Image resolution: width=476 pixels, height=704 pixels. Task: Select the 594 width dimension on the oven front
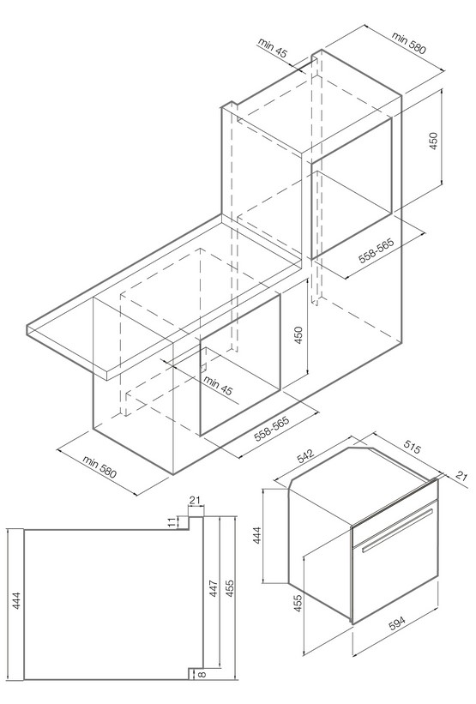[397, 623]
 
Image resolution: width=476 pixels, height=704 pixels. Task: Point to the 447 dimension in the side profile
[214, 588]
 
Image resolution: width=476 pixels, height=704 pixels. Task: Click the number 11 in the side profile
[171, 522]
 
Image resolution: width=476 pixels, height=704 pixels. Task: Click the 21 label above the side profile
[195, 500]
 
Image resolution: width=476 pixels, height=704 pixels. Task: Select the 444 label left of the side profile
[16, 601]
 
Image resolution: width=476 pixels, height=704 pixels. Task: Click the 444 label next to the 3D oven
[256, 535]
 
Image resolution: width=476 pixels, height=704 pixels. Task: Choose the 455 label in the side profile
[229, 588]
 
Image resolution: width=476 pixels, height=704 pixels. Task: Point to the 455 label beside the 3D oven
[298, 604]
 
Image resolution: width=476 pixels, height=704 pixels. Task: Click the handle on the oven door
[397, 530]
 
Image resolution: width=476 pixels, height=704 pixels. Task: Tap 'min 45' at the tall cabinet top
[272, 48]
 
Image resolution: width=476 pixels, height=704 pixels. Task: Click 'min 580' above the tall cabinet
[408, 42]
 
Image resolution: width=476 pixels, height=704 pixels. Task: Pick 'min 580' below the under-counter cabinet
[99, 466]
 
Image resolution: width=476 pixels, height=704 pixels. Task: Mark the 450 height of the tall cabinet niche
[433, 141]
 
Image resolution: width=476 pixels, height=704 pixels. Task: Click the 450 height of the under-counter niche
[298, 335]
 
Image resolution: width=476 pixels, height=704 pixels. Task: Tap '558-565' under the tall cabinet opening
[376, 250]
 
